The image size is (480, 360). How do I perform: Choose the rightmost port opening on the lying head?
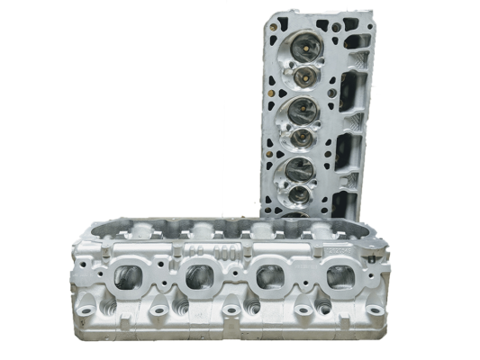coord(340,278)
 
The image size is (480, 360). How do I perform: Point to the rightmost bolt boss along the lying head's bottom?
coord(376,310)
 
